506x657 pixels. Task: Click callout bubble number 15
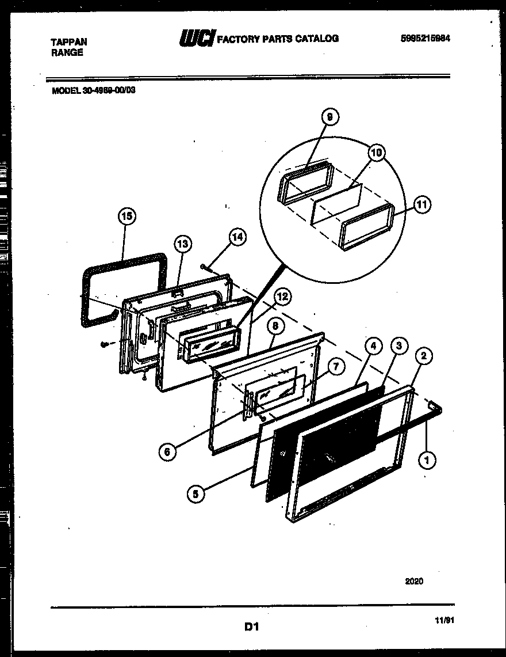(x=127, y=217)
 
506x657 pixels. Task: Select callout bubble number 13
(x=182, y=244)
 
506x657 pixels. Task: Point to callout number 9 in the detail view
(x=329, y=117)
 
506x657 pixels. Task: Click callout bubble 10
(x=376, y=153)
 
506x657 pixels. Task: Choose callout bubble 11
(x=422, y=204)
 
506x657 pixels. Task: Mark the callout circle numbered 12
(x=282, y=297)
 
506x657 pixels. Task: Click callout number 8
(x=275, y=326)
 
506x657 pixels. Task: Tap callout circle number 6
(x=167, y=452)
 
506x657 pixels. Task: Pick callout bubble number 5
(x=195, y=493)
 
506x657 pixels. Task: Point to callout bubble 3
(x=398, y=346)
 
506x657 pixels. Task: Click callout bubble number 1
(x=428, y=459)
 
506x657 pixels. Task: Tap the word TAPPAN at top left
(x=69, y=43)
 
